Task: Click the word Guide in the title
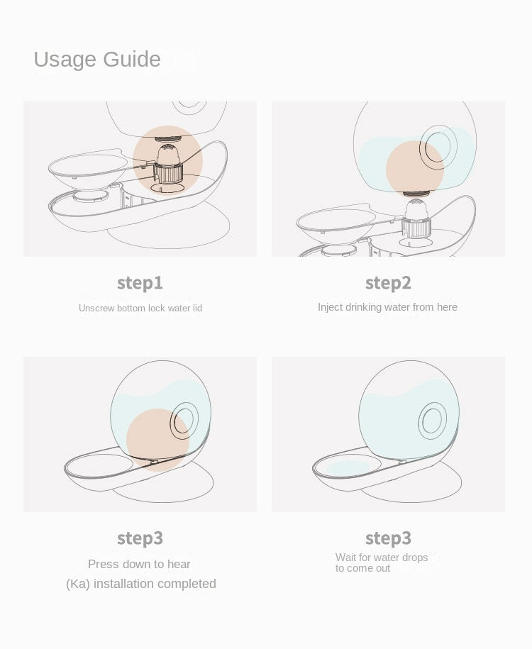coord(132,59)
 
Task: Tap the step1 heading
coord(140,284)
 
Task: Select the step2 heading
coord(388,284)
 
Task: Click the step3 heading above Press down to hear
coord(140,538)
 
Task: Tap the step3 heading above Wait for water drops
coord(388,538)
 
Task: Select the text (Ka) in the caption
coord(78,584)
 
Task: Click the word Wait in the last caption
coord(345,558)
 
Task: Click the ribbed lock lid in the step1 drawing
coord(168,172)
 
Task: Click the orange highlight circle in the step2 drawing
coord(414,169)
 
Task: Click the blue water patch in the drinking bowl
coord(348,467)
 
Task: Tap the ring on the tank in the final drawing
coord(433,421)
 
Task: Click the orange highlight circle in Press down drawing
coord(157,440)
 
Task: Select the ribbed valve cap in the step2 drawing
coord(416,228)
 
